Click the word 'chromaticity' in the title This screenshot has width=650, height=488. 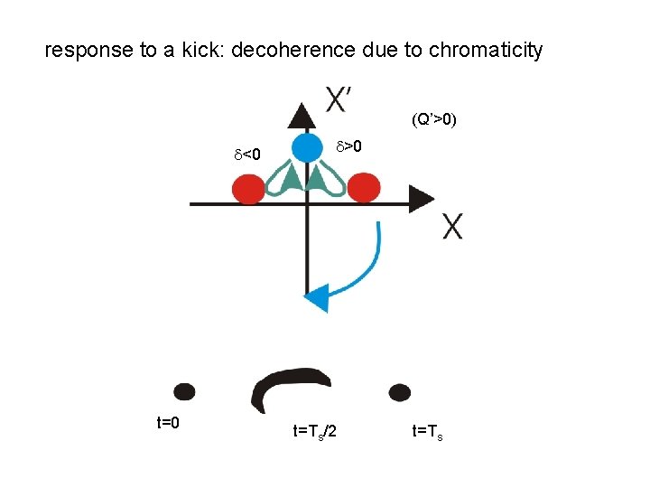point(486,50)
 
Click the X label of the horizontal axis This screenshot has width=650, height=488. point(453,227)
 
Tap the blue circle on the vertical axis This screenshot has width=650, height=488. point(307,147)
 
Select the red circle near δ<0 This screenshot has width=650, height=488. point(248,189)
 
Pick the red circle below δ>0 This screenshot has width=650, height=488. point(364,188)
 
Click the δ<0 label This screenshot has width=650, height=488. point(247,155)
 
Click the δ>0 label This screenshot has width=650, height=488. point(349,145)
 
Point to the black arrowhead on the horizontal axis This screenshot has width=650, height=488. point(421,199)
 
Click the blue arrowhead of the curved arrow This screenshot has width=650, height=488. point(316,296)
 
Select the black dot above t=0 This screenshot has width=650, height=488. point(184,391)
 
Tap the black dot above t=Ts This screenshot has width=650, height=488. point(399,392)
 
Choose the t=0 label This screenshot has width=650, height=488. point(169,422)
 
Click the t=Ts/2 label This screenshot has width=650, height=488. point(314,432)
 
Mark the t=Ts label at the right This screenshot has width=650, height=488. point(428,432)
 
